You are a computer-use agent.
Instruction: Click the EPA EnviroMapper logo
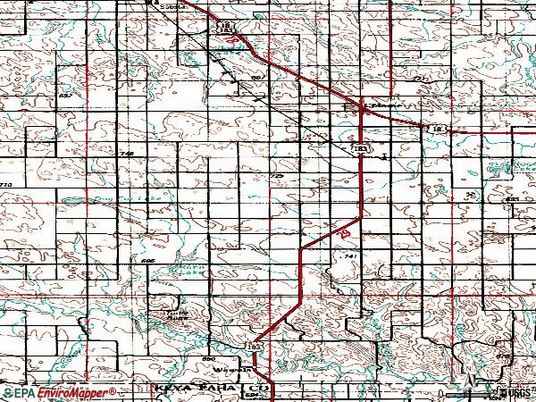(x=58, y=392)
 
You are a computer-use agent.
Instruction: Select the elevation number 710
(x=7, y=183)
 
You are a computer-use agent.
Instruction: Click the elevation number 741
(x=349, y=255)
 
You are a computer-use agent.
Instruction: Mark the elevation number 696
(x=147, y=260)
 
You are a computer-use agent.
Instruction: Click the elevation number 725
(x=276, y=177)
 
